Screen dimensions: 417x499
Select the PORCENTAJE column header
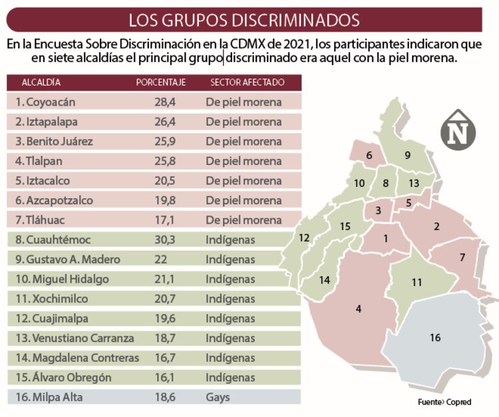tap(160, 82)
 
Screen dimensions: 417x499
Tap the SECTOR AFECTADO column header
tap(247, 82)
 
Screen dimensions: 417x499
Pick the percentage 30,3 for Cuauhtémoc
tap(163, 239)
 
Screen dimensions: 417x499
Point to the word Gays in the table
tap(218, 397)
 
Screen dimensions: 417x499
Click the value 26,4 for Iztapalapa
tap(163, 122)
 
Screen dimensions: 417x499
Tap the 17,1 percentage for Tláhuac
tap(163, 220)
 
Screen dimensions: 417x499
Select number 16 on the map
tap(435, 338)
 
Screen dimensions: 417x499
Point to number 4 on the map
tap(359, 309)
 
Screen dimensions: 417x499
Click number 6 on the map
tap(369, 156)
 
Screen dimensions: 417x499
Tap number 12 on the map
tap(305, 237)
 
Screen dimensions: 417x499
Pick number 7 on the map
tap(462, 257)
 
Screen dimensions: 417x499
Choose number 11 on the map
tap(416, 282)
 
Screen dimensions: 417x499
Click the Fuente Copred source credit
tap(444, 402)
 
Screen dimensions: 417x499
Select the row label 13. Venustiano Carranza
tap(75, 338)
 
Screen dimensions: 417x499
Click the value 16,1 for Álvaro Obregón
tap(163, 377)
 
